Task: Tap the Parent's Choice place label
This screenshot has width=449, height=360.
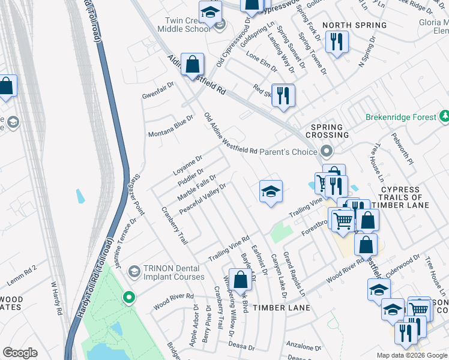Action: pyautogui.click(x=287, y=151)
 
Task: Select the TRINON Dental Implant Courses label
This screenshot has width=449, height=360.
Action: pyautogui.click(x=174, y=272)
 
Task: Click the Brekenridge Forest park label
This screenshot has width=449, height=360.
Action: pyautogui.click(x=401, y=117)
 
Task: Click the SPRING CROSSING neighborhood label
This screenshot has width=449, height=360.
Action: pyautogui.click(x=327, y=131)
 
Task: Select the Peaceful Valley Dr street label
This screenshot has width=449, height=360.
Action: pyautogui.click(x=202, y=197)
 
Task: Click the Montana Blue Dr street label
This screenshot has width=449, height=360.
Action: pyautogui.click(x=171, y=125)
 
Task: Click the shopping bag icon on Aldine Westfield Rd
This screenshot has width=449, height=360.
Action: pyautogui.click(x=192, y=64)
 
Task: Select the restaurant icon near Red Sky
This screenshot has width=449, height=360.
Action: pyautogui.click(x=283, y=95)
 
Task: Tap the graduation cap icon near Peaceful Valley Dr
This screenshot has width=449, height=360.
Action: pyautogui.click(x=271, y=191)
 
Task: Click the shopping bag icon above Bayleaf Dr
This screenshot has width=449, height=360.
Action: pyautogui.click(x=240, y=280)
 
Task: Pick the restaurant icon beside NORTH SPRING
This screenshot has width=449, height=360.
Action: pyautogui.click(x=336, y=41)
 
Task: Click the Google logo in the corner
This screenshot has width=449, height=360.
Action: pyautogui.click(x=20, y=353)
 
